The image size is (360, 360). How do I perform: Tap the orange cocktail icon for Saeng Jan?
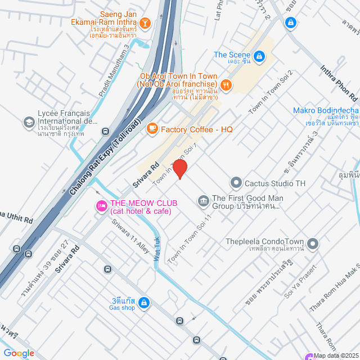point(145,23)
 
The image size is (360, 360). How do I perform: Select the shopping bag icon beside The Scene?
point(259,56)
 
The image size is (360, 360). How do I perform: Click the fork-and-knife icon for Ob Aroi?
point(226,85)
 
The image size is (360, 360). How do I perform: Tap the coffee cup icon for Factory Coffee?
point(152,129)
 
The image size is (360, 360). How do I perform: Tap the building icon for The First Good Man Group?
point(202,200)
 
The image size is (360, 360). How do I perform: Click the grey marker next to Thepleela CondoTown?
point(313,244)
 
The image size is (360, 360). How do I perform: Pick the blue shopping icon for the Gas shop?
point(144,303)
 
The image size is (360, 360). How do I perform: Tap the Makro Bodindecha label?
point(325,110)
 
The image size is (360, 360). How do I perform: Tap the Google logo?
point(19,353)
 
